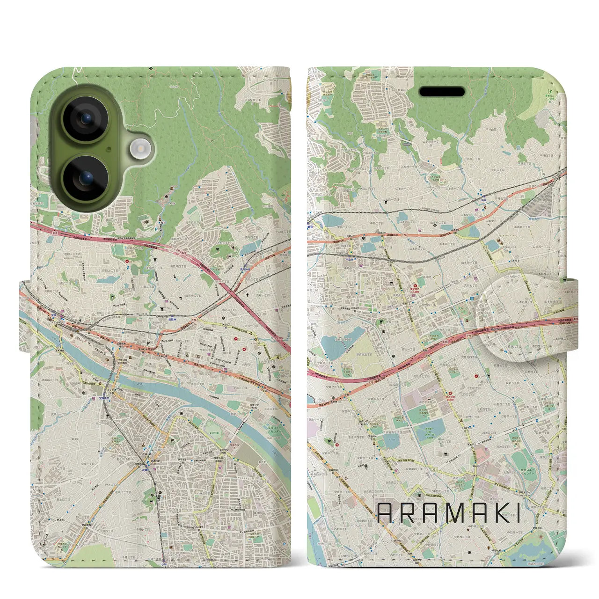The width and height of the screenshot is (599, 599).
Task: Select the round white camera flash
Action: [x=139, y=149]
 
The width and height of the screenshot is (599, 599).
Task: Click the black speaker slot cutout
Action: [x=441, y=91]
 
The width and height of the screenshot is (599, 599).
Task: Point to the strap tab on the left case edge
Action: [x=24, y=316]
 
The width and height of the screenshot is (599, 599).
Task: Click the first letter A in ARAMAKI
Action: [x=385, y=513]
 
